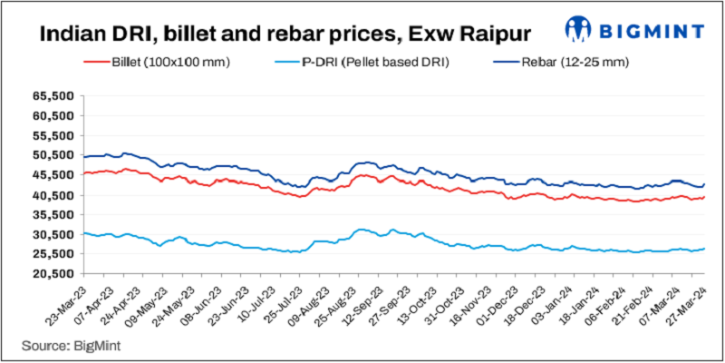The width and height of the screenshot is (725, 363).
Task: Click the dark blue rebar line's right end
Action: [x=704, y=184]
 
